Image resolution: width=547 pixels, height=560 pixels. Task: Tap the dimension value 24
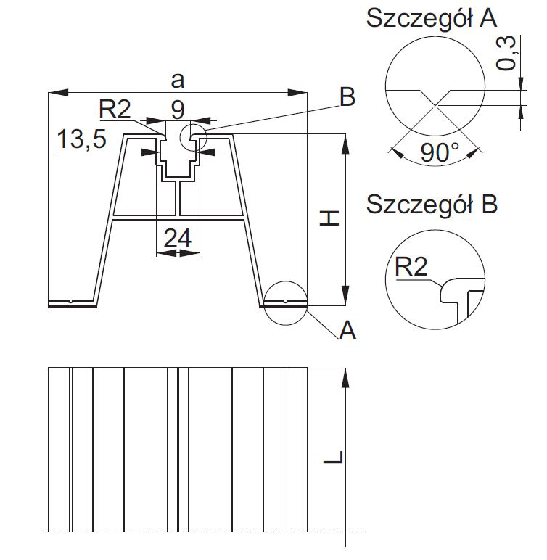178,238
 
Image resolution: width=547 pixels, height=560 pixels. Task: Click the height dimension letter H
330,217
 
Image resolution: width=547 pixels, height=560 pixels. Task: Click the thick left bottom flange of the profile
73,305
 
